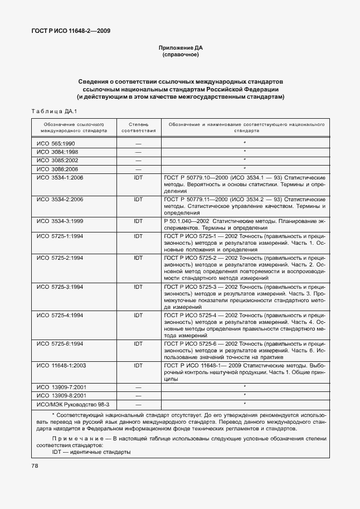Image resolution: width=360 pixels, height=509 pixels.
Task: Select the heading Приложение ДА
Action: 180,49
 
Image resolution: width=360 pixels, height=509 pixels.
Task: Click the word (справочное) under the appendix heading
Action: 180,56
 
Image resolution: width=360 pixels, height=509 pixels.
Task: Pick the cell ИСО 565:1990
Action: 56,143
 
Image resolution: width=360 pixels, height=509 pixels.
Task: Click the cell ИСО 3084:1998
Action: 57,152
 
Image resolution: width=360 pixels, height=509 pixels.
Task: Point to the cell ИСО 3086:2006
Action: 57,168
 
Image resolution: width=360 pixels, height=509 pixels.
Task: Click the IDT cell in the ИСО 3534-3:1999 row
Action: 138,221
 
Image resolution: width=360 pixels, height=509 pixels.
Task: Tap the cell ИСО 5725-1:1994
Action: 60,236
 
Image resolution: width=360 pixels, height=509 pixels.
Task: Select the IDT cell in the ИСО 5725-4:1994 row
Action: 138,315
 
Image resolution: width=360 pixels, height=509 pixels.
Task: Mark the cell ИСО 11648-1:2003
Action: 61,366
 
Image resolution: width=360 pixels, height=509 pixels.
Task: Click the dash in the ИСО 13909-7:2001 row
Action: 138,386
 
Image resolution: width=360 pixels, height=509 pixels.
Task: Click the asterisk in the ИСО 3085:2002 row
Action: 244,160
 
